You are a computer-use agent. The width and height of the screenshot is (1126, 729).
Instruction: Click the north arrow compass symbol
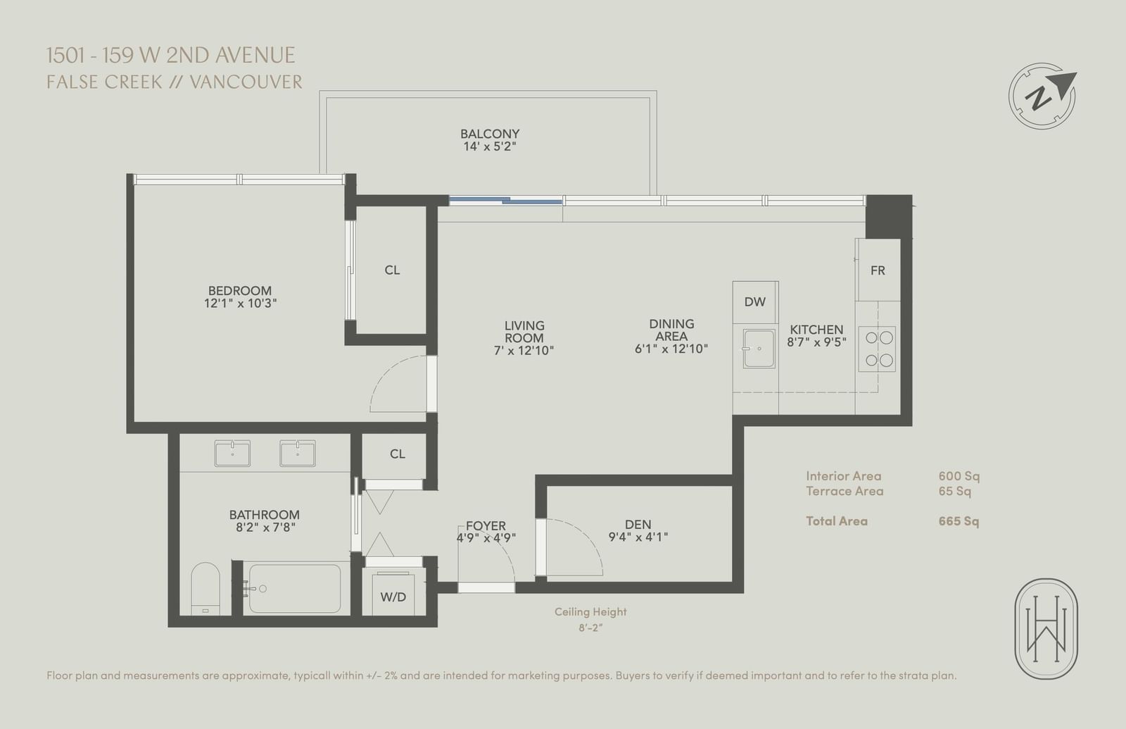click(x=1042, y=96)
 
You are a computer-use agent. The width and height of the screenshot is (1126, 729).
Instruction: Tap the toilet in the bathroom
click(x=205, y=588)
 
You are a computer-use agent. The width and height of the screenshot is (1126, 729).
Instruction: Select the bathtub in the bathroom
click(x=295, y=588)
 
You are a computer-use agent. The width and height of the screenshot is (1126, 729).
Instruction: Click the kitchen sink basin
click(x=759, y=349)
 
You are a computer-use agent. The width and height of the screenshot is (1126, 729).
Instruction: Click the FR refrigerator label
click(x=878, y=270)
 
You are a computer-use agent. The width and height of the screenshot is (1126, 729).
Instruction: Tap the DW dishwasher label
click(x=754, y=302)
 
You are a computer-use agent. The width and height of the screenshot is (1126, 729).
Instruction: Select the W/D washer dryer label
click(x=393, y=597)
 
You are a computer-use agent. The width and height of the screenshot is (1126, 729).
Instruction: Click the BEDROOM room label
click(x=240, y=291)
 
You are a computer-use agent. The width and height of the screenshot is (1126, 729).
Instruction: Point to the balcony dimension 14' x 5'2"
click(x=490, y=147)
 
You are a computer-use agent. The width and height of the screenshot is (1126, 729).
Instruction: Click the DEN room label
click(x=638, y=525)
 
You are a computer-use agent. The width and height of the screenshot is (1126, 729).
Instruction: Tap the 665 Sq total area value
click(x=959, y=521)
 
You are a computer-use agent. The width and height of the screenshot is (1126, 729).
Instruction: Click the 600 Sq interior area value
click(x=959, y=476)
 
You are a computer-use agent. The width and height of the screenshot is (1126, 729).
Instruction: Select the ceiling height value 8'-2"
click(x=590, y=628)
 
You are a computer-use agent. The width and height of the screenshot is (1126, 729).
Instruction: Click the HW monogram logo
click(x=1046, y=629)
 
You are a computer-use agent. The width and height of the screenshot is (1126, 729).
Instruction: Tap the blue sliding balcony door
click(x=505, y=200)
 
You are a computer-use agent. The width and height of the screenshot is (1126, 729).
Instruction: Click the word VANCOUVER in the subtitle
click(x=246, y=82)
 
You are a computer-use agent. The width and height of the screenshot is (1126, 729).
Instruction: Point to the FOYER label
click(x=486, y=525)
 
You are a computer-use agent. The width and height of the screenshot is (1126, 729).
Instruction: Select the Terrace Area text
click(x=844, y=491)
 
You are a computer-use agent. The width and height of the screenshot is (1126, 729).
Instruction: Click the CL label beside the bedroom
click(x=392, y=270)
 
